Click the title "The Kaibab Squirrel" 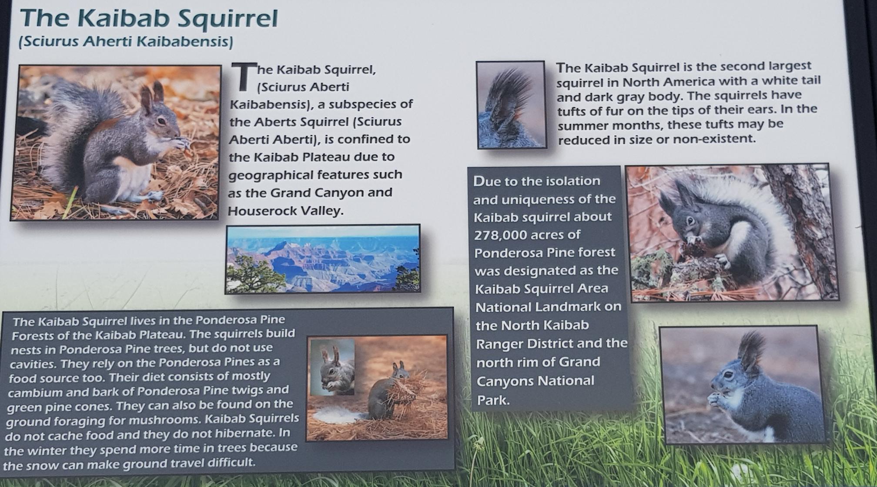[148, 18]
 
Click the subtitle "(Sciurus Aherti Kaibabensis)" [126, 41]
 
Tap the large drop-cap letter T [244, 77]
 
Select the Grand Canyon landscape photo [323, 259]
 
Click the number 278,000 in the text [501, 235]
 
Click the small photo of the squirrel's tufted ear [511, 105]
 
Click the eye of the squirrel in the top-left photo [162, 121]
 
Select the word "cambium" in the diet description [36, 393]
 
